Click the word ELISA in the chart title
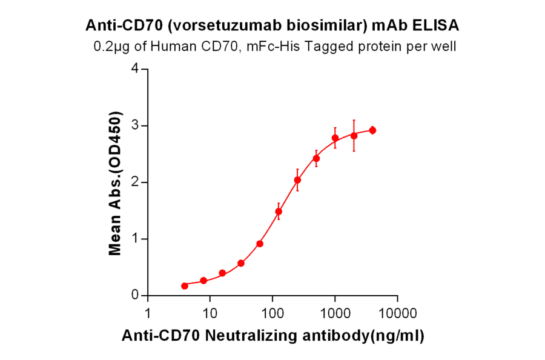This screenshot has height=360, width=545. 435,25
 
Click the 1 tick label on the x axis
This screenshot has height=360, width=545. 148,314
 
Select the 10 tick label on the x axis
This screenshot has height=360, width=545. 210,314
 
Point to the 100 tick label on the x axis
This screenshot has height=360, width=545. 272,314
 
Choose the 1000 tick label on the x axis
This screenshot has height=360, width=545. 335,314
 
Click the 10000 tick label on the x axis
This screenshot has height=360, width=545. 397,314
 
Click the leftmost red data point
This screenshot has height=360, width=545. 185,285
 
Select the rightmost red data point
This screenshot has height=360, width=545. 372,130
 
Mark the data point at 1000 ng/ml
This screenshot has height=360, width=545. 335,138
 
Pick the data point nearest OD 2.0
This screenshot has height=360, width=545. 297,180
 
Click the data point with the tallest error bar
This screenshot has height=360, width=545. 354,136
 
